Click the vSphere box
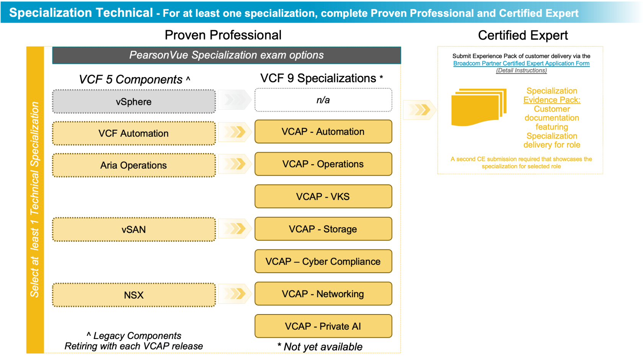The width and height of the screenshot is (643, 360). (134, 102)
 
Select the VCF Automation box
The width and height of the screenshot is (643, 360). (134, 134)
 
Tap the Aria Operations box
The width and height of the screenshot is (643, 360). (134, 165)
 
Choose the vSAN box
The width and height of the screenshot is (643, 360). (134, 230)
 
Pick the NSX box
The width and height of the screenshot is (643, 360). (134, 295)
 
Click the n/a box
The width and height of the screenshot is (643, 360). (323, 100)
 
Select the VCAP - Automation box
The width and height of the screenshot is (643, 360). (323, 132)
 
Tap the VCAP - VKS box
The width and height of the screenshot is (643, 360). (323, 197)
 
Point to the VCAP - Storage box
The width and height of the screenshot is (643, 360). (323, 229)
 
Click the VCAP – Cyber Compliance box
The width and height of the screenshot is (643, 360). (323, 262)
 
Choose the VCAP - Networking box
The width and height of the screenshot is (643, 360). (323, 294)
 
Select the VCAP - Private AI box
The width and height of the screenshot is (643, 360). (323, 326)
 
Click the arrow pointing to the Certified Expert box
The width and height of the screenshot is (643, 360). (419, 110)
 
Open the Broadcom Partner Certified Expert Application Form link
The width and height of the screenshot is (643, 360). (521, 64)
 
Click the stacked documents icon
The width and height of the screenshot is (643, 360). (478, 107)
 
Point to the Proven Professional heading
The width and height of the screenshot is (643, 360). (223, 35)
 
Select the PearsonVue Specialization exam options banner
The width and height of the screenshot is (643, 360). (226, 55)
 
